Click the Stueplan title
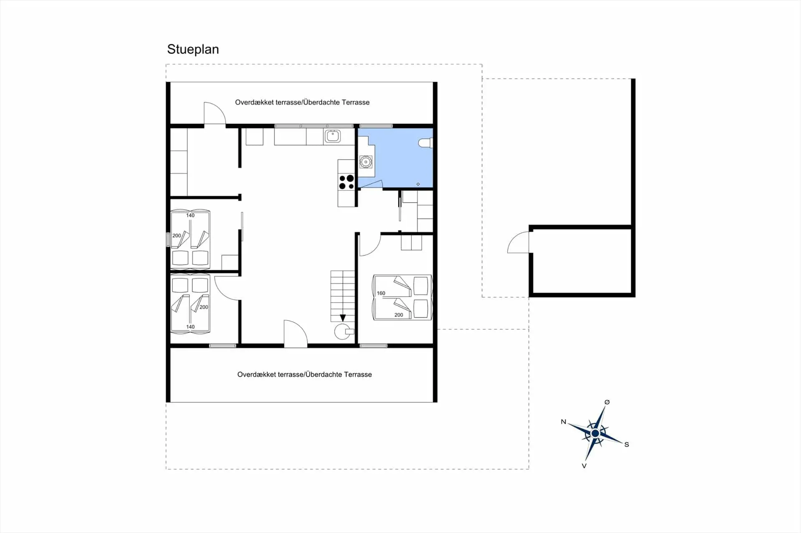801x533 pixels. click(193, 49)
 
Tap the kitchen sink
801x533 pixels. click(332, 136)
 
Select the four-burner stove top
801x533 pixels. click(346, 182)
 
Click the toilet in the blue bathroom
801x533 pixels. click(425, 143)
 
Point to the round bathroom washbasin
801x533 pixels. click(366, 161)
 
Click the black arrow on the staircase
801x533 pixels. click(343, 318)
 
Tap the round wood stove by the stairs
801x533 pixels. click(343, 332)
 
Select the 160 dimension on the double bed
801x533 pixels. click(381, 293)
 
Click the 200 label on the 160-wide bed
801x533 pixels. click(398, 315)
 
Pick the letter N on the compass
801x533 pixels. click(563, 422)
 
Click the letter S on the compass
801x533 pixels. click(627, 445)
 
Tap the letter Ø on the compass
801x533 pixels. click(607, 402)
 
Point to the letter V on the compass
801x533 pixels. click(584, 466)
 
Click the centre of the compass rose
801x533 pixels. click(595, 433)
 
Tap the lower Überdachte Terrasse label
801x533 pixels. click(338, 374)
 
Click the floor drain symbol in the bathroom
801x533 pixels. click(418, 184)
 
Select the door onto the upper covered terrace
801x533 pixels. click(214, 114)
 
